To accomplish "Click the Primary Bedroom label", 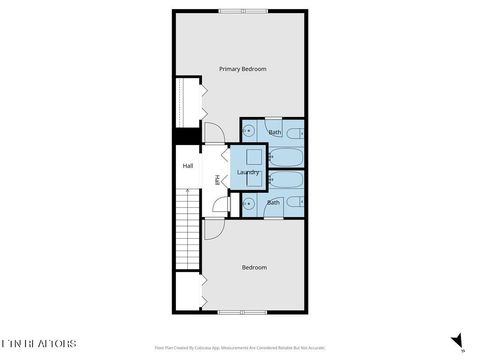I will click(x=243, y=69).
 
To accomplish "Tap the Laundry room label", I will click(x=248, y=173).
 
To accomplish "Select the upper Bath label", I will click(x=272, y=132).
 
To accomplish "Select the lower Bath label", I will click(x=272, y=202).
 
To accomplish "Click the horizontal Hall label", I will click(x=187, y=166).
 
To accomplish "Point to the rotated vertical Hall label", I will click(x=217, y=180).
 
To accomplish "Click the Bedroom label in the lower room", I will click(x=254, y=267).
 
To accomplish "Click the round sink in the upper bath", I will click(x=248, y=131).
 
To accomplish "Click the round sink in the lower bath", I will click(x=248, y=204).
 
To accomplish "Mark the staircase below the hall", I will click(x=188, y=229).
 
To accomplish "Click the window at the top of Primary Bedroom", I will click(x=244, y=11).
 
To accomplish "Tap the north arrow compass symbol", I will click(x=457, y=342).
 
